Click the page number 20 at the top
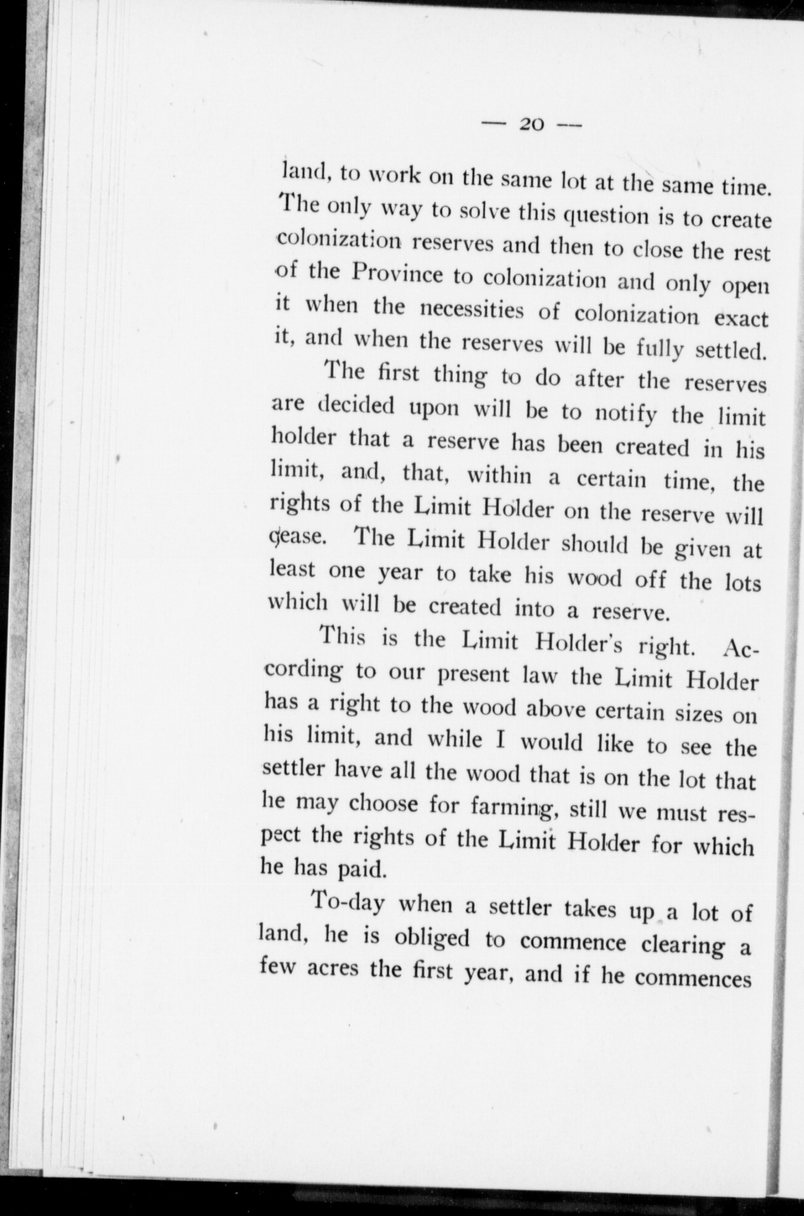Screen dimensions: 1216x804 (531, 124)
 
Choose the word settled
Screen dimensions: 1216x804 (732, 352)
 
